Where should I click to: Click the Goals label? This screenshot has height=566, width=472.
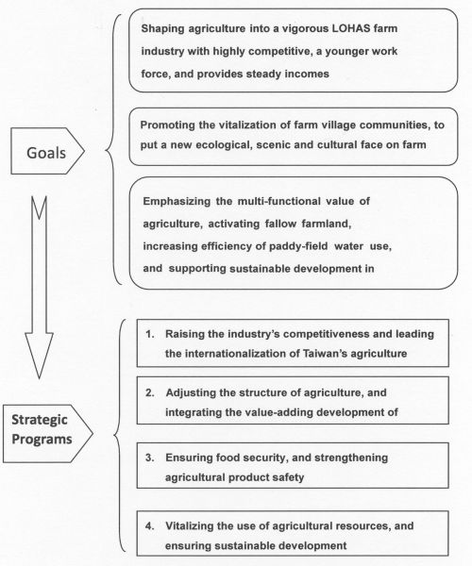(x=46, y=153)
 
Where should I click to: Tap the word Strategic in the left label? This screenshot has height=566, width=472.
(x=40, y=420)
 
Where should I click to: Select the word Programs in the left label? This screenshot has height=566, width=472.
(x=42, y=440)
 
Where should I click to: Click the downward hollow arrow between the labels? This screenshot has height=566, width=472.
(x=39, y=288)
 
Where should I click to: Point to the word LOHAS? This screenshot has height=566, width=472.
(x=350, y=28)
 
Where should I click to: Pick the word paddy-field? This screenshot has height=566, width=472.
(x=298, y=246)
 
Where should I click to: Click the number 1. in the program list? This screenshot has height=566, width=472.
(x=150, y=334)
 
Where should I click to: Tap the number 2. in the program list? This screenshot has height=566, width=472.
(x=150, y=392)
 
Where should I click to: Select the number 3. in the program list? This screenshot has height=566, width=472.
(x=150, y=458)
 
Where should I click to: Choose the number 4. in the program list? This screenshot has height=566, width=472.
(x=150, y=525)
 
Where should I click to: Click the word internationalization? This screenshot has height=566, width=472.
(x=236, y=353)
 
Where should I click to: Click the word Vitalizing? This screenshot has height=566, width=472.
(x=189, y=526)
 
